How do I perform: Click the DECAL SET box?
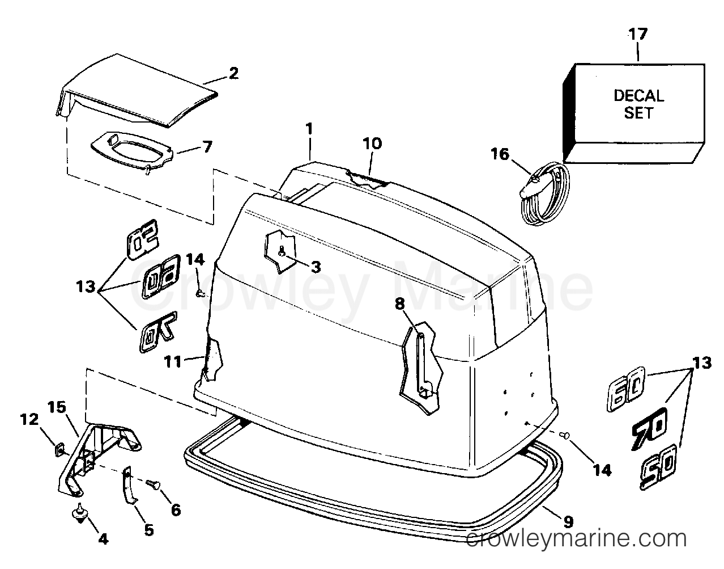pyautogui.click(x=634, y=113)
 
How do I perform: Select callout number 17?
pyautogui.click(x=638, y=35)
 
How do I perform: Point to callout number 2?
pyautogui.click(x=234, y=73)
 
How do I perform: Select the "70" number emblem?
pyautogui.click(x=649, y=430)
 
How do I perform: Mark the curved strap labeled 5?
pyautogui.click(x=130, y=484)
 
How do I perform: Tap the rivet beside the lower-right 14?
pyautogui.click(x=565, y=435)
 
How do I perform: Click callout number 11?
pyautogui.click(x=173, y=361)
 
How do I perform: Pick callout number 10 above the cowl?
pyautogui.click(x=372, y=144)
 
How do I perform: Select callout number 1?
pyautogui.click(x=309, y=129)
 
